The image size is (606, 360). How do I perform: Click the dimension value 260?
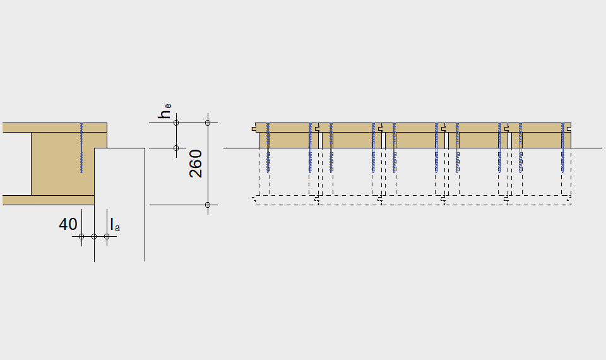(x=196, y=164)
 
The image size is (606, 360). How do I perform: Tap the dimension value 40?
(x=68, y=224)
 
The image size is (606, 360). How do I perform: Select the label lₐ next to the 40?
(x=115, y=225)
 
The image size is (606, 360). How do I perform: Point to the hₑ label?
(x=165, y=111)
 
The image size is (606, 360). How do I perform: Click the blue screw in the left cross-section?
(x=81, y=148)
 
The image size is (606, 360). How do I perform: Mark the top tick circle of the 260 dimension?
(x=208, y=123)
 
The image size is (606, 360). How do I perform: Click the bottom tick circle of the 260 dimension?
(x=208, y=205)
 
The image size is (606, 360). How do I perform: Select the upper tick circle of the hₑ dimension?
(x=176, y=123)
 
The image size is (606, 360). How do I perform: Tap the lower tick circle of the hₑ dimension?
(x=176, y=148)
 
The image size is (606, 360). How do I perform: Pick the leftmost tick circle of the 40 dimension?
(x=81, y=237)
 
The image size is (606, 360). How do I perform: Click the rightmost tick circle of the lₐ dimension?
(x=107, y=237)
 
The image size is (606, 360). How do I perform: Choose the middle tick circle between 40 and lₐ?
(x=94, y=237)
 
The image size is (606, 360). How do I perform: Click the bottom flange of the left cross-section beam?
(x=49, y=200)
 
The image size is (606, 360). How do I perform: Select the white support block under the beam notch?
(x=119, y=204)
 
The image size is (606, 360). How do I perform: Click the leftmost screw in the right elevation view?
(x=268, y=148)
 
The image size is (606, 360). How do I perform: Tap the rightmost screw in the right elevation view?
(x=562, y=148)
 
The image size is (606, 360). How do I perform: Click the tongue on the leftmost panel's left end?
(x=254, y=128)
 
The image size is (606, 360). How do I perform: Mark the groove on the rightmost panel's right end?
(x=569, y=128)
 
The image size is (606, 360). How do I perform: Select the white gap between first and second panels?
(x=321, y=140)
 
